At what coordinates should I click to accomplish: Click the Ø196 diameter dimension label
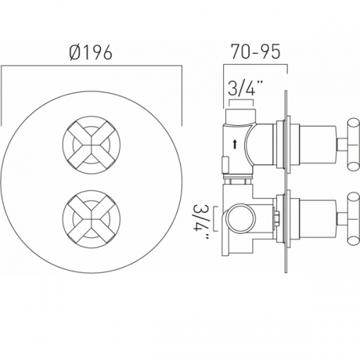click(x=91, y=53)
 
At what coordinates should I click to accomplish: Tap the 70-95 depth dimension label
click(x=256, y=52)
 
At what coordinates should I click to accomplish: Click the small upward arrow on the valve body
click(x=235, y=145)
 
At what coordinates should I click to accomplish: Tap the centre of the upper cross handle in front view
click(x=91, y=145)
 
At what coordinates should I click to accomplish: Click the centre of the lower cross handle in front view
click(x=91, y=219)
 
